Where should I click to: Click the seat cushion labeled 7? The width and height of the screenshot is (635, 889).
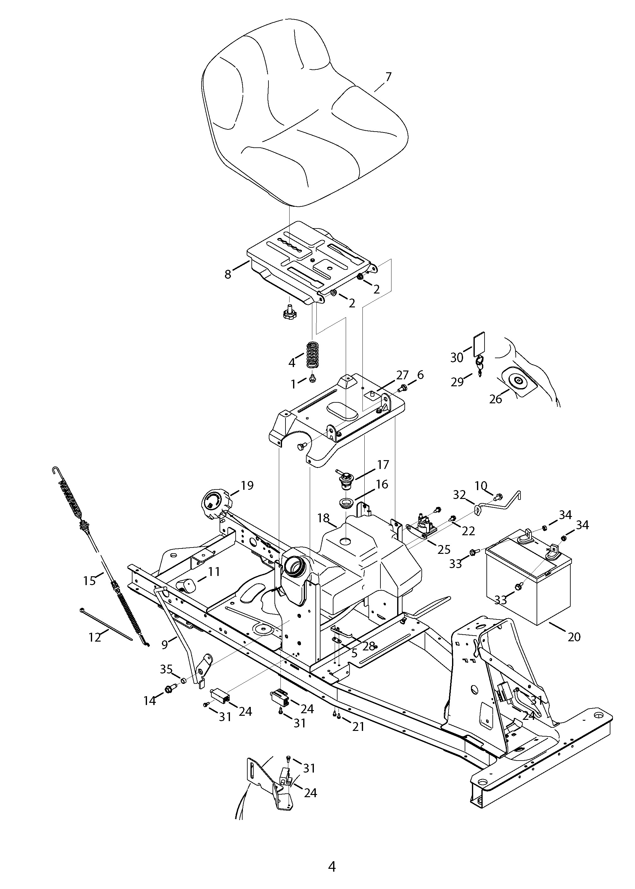(305, 117)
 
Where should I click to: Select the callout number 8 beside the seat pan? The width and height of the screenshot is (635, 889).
(228, 274)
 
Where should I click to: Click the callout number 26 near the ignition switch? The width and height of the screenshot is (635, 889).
(495, 399)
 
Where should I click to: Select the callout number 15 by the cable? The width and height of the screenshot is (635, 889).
(90, 581)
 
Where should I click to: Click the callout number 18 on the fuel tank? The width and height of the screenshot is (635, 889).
(323, 518)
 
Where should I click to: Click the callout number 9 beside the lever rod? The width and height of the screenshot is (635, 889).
(165, 644)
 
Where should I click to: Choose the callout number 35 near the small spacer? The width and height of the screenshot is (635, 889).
(166, 669)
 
